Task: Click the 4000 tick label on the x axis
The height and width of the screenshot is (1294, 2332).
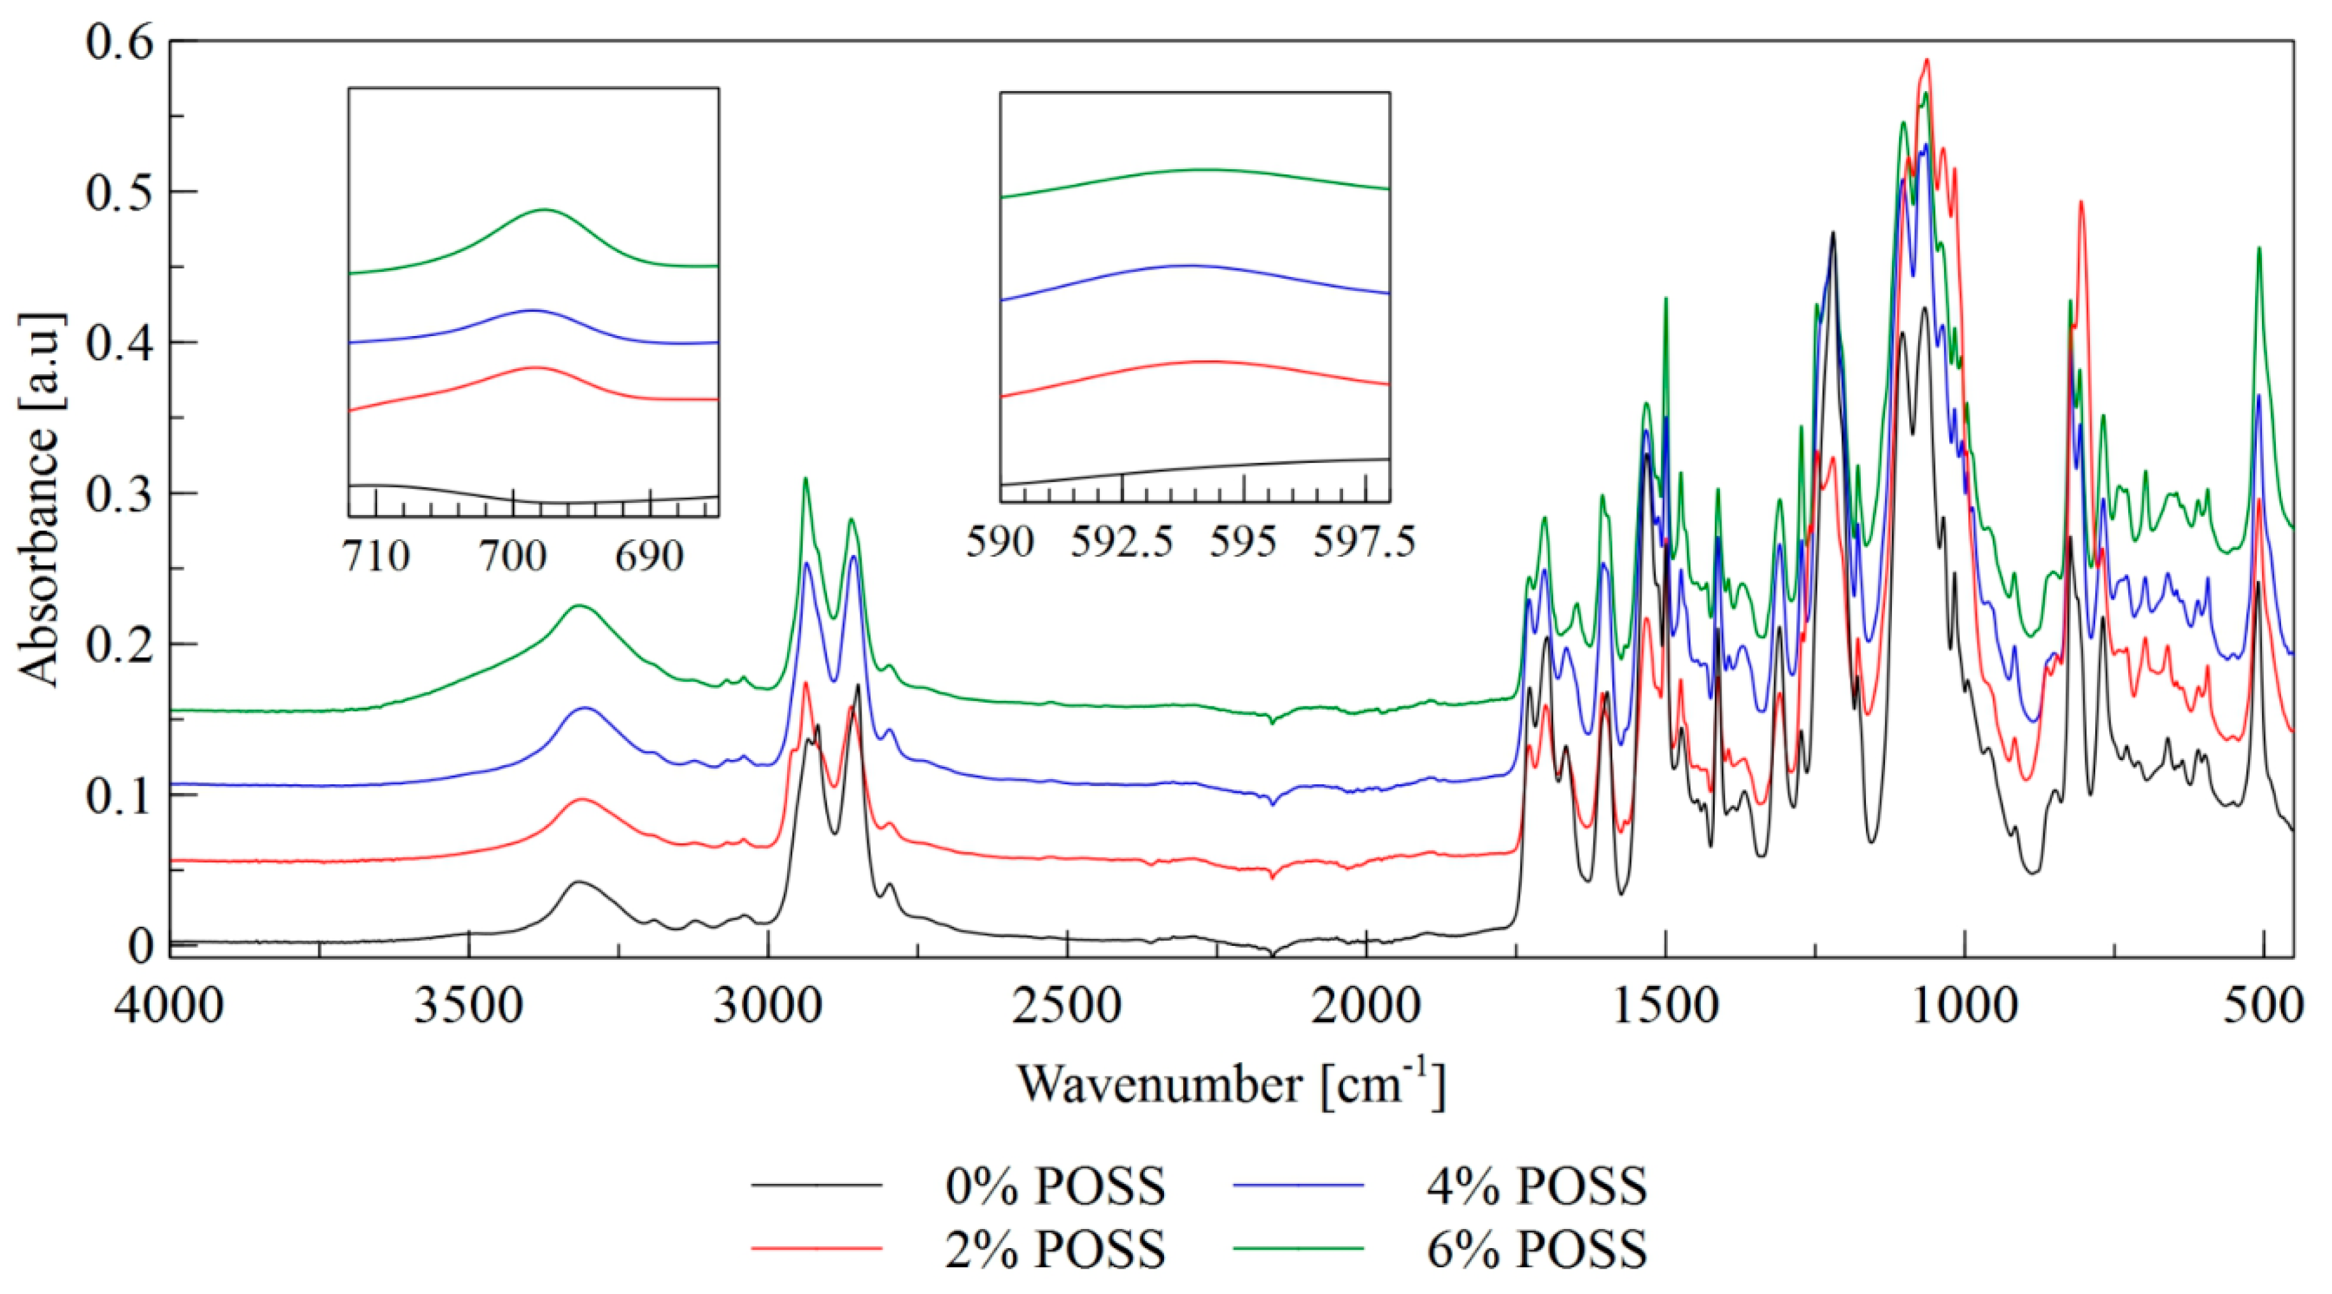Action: pos(169,1007)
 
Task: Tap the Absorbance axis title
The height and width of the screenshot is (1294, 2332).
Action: pos(40,502)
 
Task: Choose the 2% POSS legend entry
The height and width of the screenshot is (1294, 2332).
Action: pos(1055,1249)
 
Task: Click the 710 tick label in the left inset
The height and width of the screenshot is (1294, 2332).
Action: pos(376,556)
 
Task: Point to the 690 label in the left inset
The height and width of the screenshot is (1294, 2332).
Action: pos(649,556)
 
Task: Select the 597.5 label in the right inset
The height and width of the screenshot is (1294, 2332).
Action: pos(1363,543)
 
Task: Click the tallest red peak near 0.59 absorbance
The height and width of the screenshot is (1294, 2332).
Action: pos(1926,60)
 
